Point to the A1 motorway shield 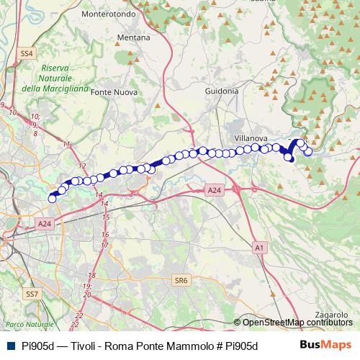pyautogui.click(x=259, y=247)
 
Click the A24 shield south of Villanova pyautogui.click(x=214, y=190)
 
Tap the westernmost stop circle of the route pyautogui.click(x=52, y=199)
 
